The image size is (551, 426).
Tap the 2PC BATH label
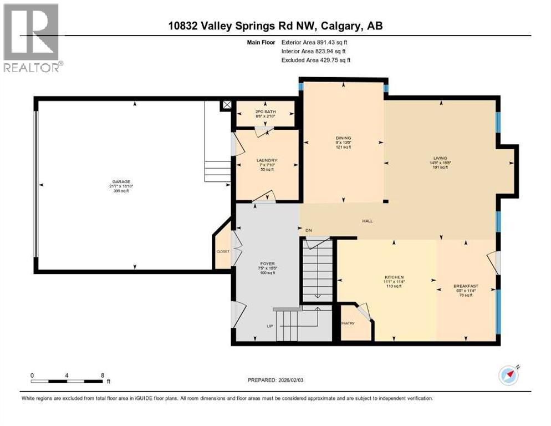pos(264,111)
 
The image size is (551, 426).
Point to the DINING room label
pos(343,138)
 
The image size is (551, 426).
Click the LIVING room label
pos(440,158)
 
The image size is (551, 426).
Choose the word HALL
pos(367,221)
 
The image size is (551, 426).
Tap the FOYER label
pos(268,263)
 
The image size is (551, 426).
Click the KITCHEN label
pos(394,277)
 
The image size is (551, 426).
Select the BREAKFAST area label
pos(465,286)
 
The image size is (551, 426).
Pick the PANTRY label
pos(348,323)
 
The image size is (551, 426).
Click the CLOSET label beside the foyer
pos(222,251)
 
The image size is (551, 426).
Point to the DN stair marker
pos(309,230)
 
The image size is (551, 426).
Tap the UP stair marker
pos(269,326)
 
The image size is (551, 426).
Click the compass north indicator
pos(509,376)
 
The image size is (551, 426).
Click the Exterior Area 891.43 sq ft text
pos(315,42)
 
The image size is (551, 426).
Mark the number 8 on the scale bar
pos(103,375)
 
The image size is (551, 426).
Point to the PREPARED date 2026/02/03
pos(275,380)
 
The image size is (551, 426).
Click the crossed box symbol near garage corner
pos(226,104)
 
